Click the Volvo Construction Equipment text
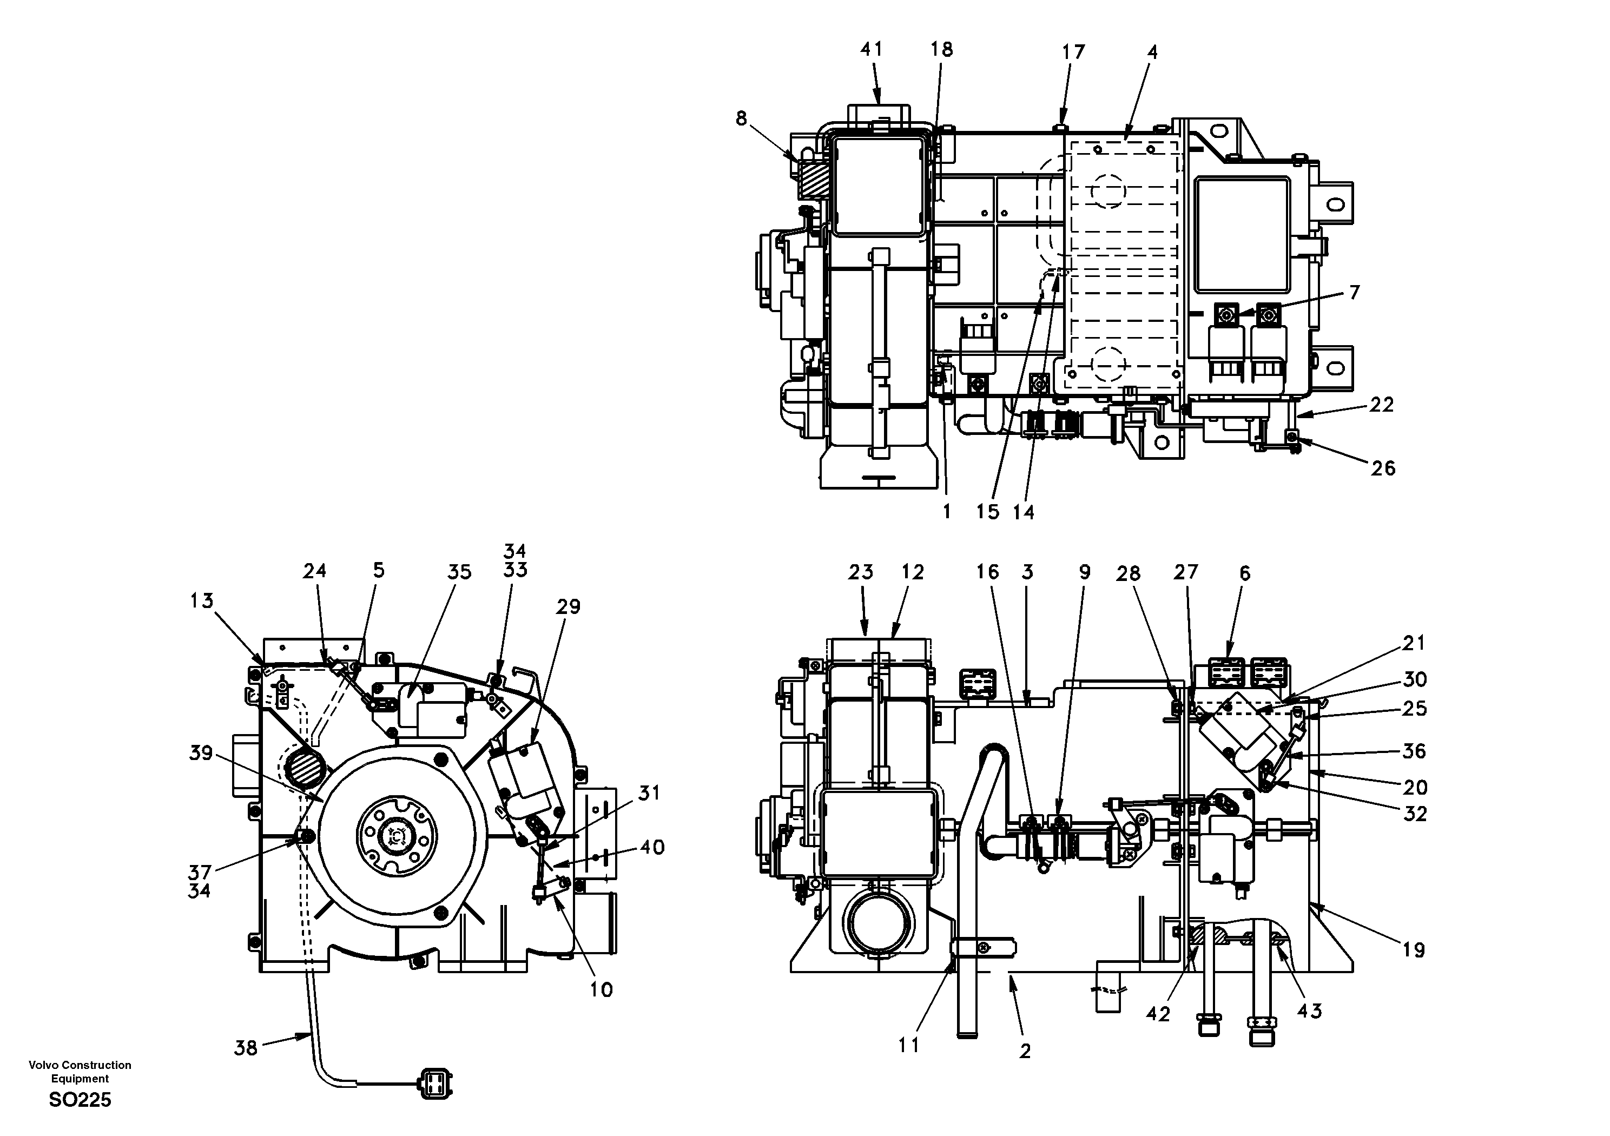[x=80, y=1072]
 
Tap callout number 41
[x=871, y=49]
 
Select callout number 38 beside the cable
[x=246, y=1049]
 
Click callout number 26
[x=1383, y=468]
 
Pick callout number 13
[x=202, y=601]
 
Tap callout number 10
[x=601, y=989]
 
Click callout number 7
[x=1354, y=293]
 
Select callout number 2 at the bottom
[x=1025, y=1051]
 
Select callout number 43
[x=1309, y=1010]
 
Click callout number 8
[x=742, y=119]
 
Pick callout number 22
[x=1381, y=405]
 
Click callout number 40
[x=651, y=847]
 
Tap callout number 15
[x=987, y=512]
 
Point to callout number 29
[x=568, y=606]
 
